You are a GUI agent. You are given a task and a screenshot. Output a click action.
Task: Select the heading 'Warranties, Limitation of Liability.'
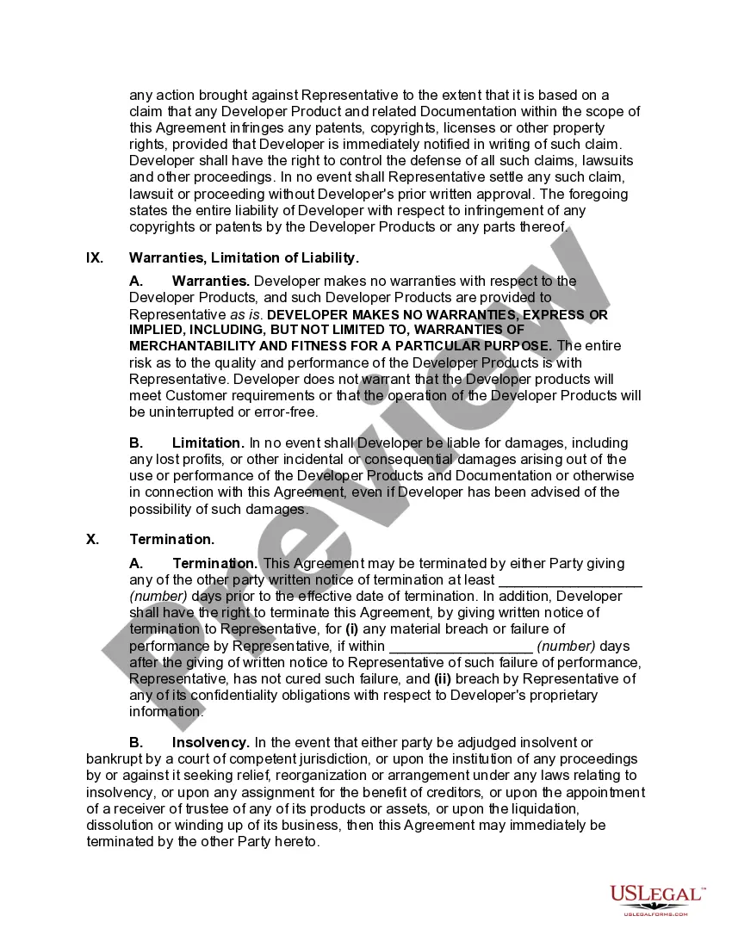click(x=244, y=257)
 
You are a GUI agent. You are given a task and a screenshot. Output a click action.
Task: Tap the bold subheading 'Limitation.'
click(x=208, y=443)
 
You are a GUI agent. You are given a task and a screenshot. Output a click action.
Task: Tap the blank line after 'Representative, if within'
click(x=461, y=646)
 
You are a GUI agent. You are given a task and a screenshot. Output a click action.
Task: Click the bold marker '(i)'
click(x=353, y=629)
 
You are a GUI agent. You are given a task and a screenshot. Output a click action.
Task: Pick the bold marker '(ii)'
click(x=443, y=678)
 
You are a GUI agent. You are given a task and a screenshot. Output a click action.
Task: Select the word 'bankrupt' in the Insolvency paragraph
click(x=113, y=759)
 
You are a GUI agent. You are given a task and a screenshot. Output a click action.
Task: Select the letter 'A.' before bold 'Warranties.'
click(x=136, y=281)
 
